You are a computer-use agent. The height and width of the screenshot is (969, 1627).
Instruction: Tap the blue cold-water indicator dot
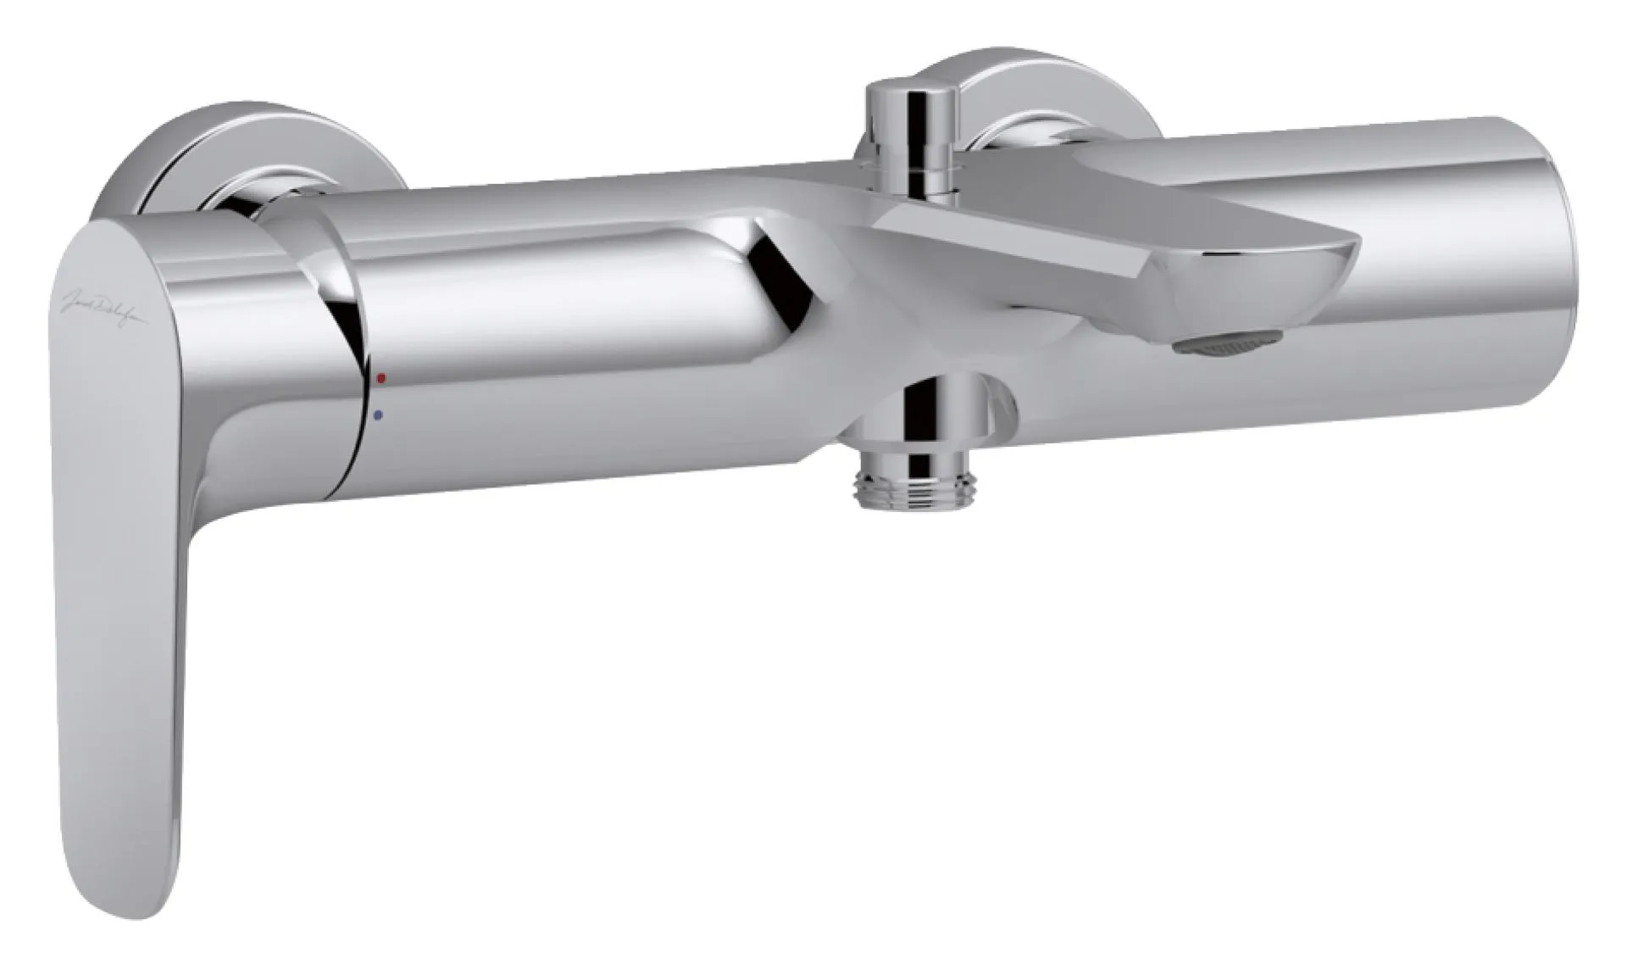click(377, 415)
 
